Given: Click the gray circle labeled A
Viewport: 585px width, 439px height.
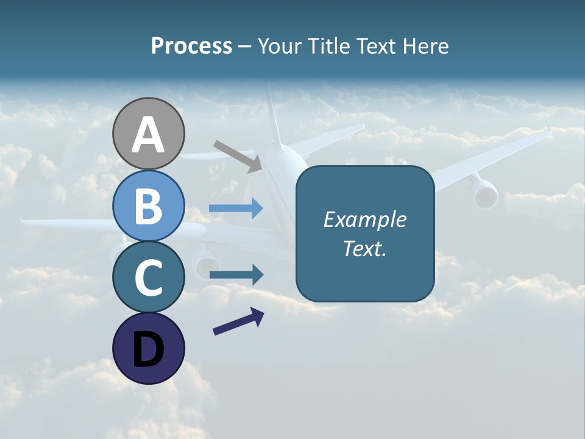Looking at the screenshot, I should coord(148,134).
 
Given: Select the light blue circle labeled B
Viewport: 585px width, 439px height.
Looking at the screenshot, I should coord(148,205).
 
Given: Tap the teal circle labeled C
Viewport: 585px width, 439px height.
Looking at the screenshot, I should coord(148,277).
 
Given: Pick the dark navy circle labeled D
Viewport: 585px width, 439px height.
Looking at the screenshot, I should coord(148,348).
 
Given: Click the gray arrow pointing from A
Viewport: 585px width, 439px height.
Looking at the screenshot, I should coord(238,155).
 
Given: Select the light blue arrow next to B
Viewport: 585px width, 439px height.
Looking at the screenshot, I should coord(236,209).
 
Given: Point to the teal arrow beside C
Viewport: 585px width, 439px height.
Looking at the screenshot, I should coord(236,275).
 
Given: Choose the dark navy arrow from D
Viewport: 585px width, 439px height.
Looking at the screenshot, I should coord(238,321).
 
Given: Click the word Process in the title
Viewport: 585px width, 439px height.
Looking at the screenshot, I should coord(191,46).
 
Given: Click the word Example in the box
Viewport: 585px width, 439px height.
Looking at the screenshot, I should coord(364,220).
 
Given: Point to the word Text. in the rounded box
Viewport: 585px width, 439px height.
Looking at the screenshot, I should coord(364,248).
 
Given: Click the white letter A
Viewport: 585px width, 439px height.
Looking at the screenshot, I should coord(148,135).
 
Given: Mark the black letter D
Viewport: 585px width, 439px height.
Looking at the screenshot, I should coord(148,350).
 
